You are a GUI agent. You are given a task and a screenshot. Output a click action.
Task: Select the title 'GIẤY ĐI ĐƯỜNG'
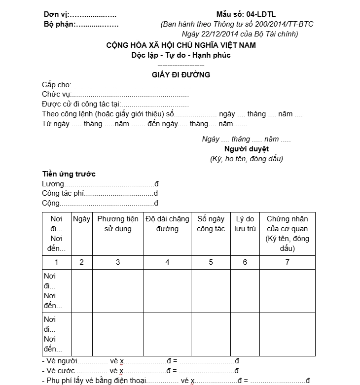pos(181,75)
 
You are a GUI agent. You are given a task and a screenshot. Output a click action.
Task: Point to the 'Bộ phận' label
pos(59,24)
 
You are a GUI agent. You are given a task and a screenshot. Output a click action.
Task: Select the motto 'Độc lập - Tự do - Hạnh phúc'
pos(181,55)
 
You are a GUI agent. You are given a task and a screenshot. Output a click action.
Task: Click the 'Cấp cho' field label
pos(56,85)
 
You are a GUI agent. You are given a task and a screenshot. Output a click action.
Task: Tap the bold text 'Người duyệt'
pos(247,149)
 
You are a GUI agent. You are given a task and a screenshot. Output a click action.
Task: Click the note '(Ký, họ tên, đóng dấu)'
pos(247,159)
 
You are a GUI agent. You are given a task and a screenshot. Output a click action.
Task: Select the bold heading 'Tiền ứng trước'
pos(69,174)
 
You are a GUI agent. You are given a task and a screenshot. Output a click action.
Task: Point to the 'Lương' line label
pos(53,184)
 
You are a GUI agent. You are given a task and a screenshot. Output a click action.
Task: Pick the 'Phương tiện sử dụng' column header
pos(118,224)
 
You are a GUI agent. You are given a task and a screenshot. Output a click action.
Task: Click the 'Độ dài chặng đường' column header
pos(167,224)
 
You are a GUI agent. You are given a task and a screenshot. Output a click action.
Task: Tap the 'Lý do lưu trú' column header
pos(245,224)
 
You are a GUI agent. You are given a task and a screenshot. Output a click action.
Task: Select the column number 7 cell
pos(288,262)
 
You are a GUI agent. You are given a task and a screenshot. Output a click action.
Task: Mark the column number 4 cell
pos(167,262)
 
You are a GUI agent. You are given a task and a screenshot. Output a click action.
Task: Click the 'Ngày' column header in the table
pos(81,219)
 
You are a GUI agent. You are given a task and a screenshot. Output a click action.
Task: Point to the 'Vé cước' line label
pos(60,371)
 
